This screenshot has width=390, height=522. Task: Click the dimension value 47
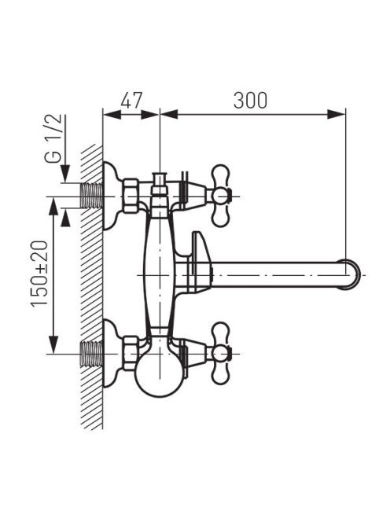(131, 100)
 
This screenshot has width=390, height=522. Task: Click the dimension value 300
(250, 100)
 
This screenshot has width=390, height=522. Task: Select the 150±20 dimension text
(39, 274)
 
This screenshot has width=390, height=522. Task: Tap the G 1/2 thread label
(53, 138)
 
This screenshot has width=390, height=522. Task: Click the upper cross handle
(220, 196)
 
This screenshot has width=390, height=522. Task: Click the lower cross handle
(220, 353)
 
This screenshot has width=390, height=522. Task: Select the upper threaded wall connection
(91, 196)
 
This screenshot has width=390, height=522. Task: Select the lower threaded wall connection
(91, 354)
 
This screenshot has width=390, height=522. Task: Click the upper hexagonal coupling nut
(131, 196)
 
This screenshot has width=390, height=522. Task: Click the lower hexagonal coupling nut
(131, 354)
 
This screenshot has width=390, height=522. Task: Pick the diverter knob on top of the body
(160, 183)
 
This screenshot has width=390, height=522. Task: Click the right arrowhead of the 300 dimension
(337, 114)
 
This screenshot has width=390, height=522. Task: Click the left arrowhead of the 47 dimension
(112, 114)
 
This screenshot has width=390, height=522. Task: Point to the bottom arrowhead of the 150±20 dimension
(53, 344)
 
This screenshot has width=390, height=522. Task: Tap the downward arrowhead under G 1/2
(64, 174)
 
